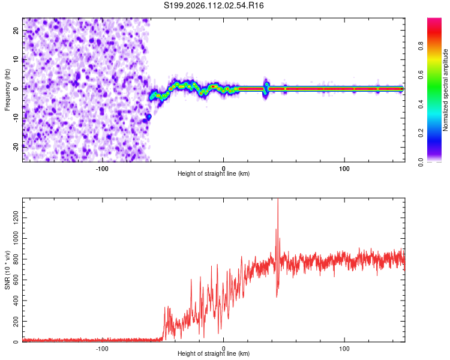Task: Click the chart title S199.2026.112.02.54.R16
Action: pos(214,5)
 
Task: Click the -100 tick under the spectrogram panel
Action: pos(101,167)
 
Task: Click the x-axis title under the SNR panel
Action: pos(214,354)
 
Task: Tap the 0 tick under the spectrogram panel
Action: pos(223,167)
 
